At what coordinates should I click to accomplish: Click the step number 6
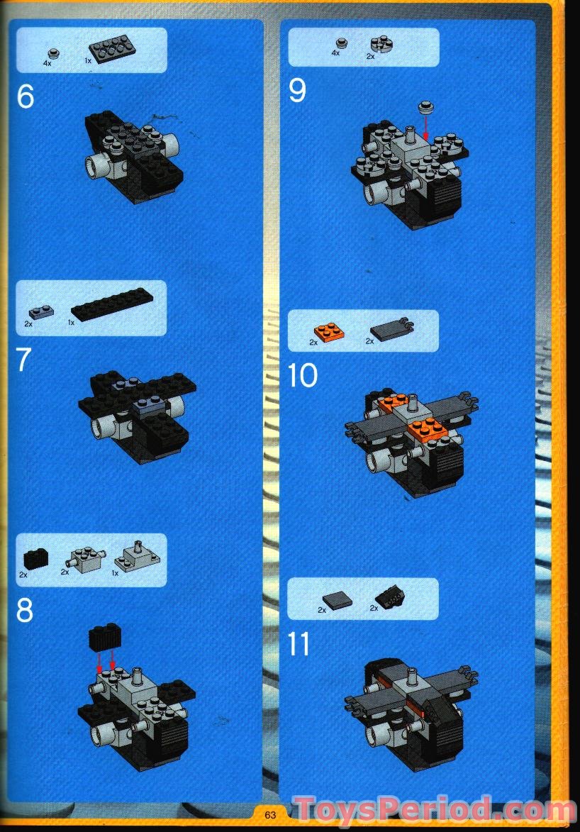click(26, 97)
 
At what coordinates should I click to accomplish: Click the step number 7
click(24, 360)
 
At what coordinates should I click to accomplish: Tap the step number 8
click(25, 611)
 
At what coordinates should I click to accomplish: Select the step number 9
click(298, 91)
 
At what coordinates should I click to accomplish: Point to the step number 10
click(303, 376)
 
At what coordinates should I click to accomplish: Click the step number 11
click(300, 645)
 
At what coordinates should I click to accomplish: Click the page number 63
click(270, 815)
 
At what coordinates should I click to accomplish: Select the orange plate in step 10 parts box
click(327, 331)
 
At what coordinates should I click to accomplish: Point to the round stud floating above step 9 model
click(425, 108)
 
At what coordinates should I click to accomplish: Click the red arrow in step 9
click(425, 128)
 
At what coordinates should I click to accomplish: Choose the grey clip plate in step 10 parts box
click(391, 330)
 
